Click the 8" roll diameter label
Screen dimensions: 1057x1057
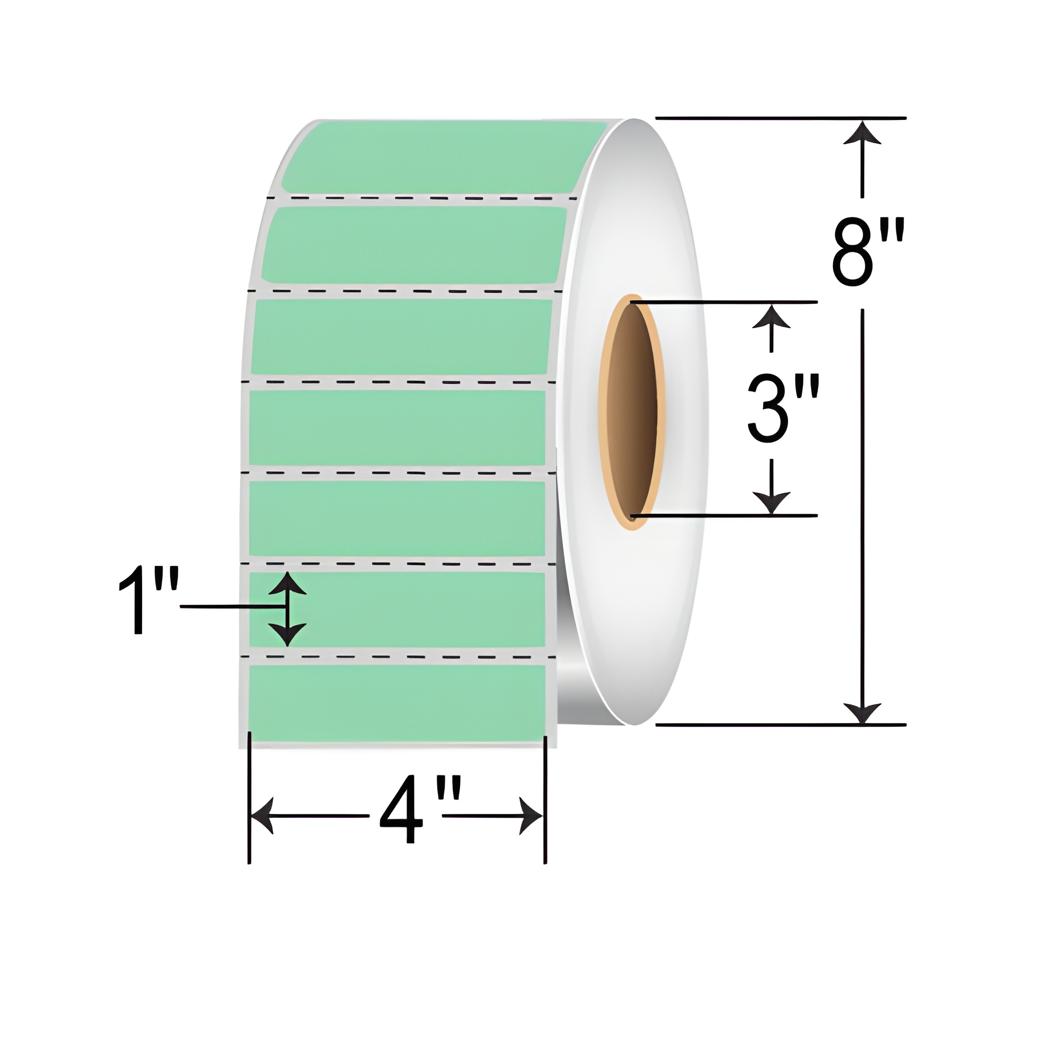[868, 252]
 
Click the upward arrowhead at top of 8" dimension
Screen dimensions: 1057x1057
[862, 133]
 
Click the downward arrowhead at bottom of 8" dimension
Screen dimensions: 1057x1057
[862, 711]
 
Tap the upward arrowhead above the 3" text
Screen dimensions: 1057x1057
[771, 317]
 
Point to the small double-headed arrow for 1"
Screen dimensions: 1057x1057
[288, 608]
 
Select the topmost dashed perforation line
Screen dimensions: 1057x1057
[421, 197]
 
